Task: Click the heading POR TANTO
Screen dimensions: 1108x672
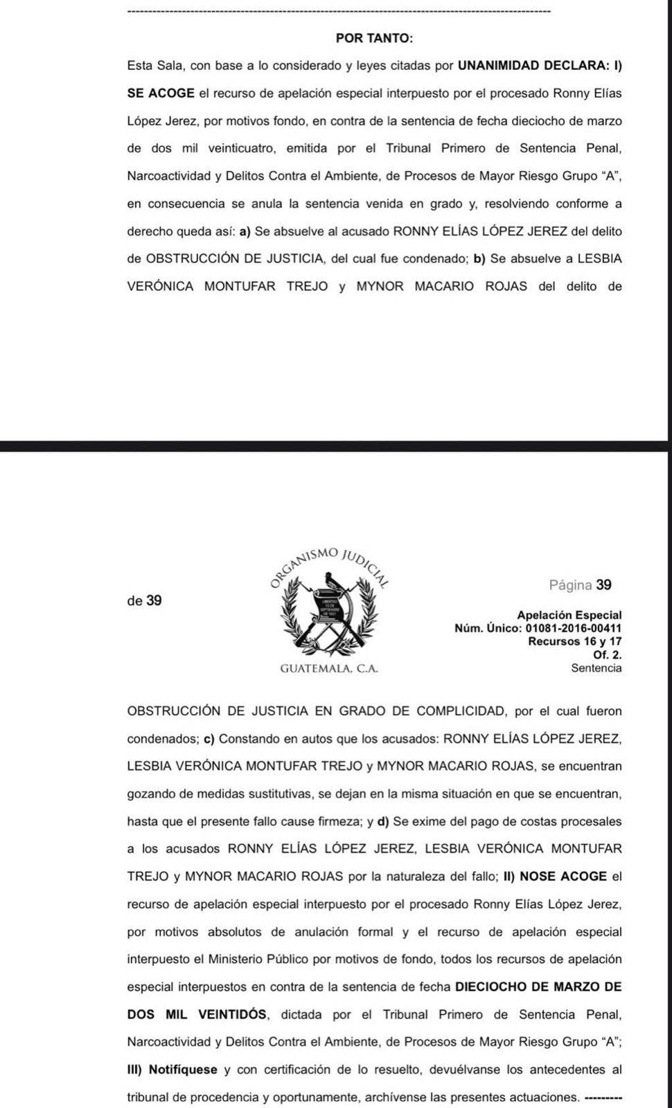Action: (x=374, y=38)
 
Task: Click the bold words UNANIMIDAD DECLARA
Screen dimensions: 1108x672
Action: (x=533, y=66)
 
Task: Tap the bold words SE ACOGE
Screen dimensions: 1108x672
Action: (x=161, y=93)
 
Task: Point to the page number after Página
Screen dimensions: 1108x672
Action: (x=603, y=585)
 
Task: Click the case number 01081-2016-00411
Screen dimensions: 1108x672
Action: (x=574, y=628)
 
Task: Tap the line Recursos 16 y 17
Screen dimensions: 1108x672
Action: (x=574, y=641)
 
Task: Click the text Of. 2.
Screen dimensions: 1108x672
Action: (x=608, y=654)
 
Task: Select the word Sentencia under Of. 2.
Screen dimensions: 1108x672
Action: (x=596, y=668)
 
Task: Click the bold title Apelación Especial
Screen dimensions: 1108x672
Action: (x=569, y=615)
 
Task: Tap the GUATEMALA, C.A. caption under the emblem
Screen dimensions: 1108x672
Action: (x=329, y=669)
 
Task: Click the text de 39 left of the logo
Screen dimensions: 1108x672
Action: (x=144, y=600)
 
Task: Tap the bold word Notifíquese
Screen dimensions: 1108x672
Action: (x=183, y=1070)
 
